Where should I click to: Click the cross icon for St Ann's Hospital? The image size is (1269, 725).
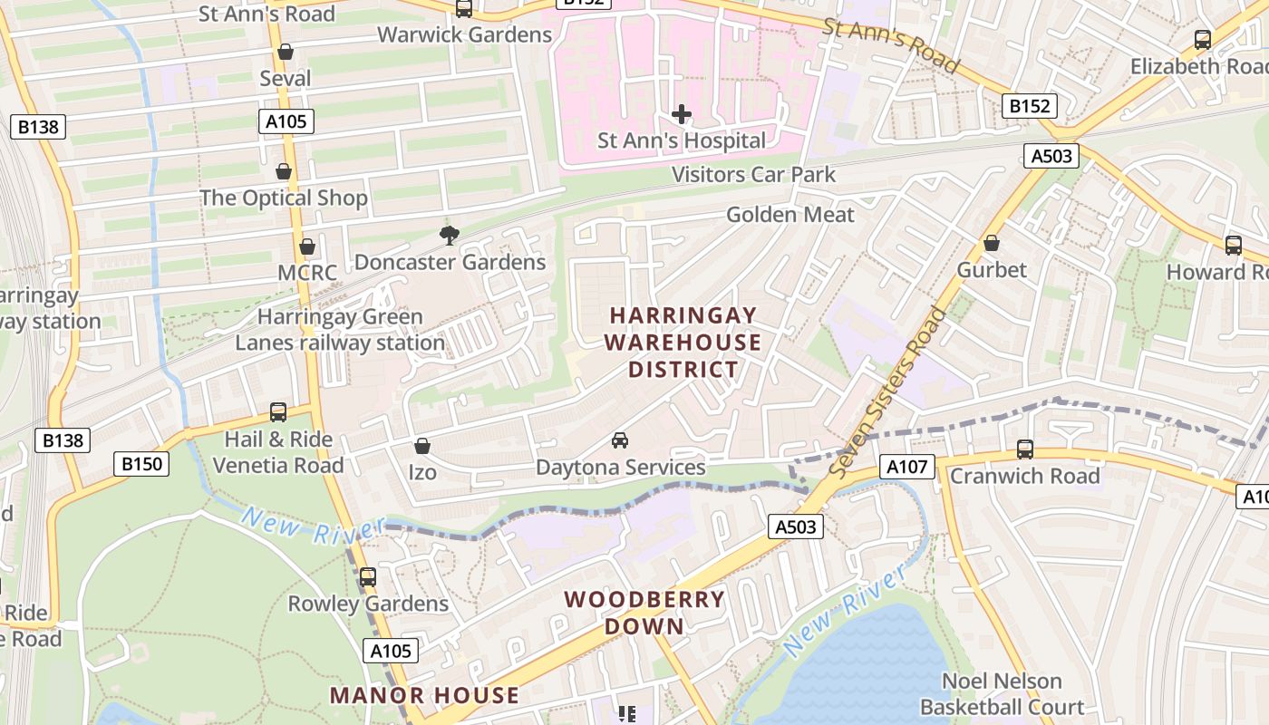[x=682, y=114]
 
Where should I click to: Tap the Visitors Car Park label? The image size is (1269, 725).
[x=753, y=174]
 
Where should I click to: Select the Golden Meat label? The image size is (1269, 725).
[x=790, y=215]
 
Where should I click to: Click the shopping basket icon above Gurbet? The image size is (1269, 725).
[x=992, y=243]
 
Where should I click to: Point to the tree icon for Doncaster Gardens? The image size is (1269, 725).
[x=449, y=236]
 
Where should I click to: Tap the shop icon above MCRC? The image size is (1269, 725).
[x=307, y=246]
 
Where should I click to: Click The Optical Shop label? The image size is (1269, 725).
[x=284, y=198]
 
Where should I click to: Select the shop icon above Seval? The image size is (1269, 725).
[x=286, y=52]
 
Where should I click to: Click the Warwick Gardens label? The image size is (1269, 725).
[x=464, y=35]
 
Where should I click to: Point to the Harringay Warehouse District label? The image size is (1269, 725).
[x=683, y=343]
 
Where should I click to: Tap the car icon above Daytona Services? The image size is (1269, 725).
[x=620, y=440]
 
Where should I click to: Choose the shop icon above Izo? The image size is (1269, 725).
[x=421, y=446]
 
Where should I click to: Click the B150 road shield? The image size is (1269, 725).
[x=142, y=465]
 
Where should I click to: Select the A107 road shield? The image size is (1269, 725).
[x=906, y=468]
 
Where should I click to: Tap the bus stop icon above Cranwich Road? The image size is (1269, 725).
[x=1025, y=449]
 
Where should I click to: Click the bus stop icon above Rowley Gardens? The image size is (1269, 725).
[x=367, y=576]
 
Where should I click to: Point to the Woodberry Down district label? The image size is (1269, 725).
[x=644, y=613]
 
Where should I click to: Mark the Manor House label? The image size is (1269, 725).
[x=424, y=696]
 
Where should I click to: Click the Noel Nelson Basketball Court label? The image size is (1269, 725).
[x=1002, y=694]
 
